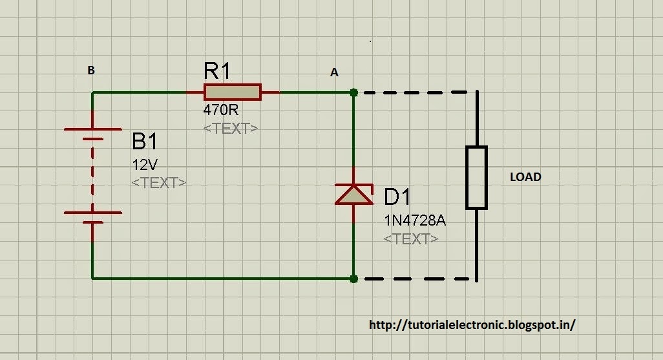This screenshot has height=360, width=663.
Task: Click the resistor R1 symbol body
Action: coord(232,92)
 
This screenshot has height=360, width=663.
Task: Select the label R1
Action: coord(216,71)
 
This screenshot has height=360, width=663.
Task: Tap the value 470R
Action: coord(220,111)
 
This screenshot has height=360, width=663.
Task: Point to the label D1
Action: coord(397,197)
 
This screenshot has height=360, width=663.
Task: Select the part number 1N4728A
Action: coord(414,220)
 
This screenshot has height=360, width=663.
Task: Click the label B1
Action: coord(145,141)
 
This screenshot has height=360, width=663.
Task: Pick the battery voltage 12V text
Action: coord(145,164)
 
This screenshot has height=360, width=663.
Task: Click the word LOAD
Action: coord(525,176)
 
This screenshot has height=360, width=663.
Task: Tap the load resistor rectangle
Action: coord(476,178)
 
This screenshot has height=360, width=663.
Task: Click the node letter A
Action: coord(334,73)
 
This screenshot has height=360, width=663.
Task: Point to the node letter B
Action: coord(91,70)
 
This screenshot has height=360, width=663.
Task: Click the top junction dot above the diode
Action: coord(353,92)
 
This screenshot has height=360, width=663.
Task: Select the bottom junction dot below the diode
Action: coord(353,279)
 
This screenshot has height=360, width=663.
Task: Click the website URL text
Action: coord(472,324)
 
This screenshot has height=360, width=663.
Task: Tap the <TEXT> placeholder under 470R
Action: coord(231,128)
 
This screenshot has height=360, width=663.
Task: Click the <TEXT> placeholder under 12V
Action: coord(159,182)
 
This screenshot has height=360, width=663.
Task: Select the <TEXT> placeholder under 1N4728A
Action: coord(411,238)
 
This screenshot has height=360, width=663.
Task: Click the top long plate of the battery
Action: coord(93,129)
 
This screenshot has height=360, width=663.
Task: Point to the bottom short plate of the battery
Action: coord(93,222)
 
